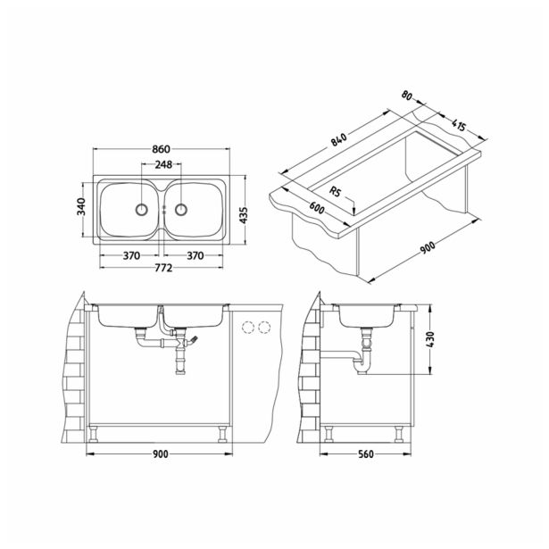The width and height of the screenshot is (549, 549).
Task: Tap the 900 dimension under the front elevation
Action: click(160, 454)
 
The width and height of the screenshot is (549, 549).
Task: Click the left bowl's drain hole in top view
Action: click(140, 210)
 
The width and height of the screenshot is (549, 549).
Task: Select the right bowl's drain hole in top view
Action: click(180, 210)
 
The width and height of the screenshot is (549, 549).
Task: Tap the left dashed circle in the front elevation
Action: click(247, 327)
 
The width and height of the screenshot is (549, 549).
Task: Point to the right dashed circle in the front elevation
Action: click(263, 327)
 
